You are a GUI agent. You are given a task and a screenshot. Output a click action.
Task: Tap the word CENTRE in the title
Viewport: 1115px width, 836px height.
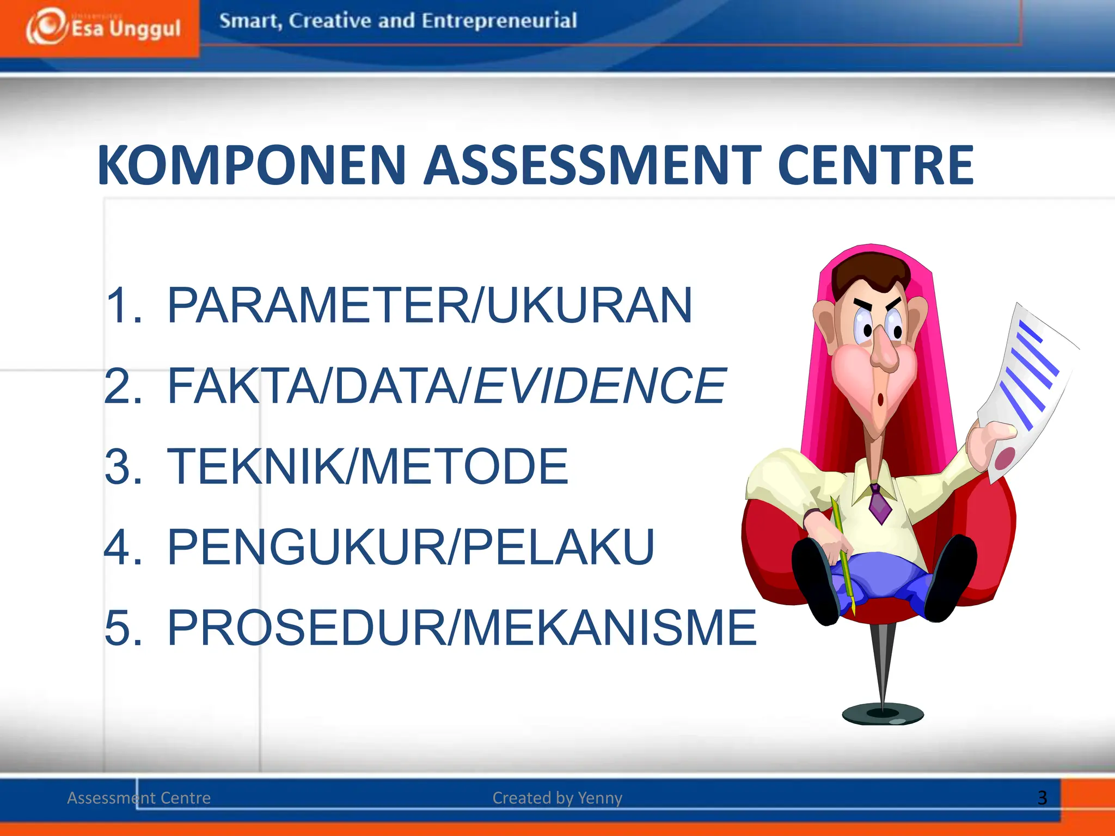[x=875, y=165]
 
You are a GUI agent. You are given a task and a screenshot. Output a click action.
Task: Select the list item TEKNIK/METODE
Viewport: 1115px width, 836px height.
[x=367, y=466]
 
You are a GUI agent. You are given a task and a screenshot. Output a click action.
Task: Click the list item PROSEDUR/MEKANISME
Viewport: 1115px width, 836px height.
[x=462, y=628]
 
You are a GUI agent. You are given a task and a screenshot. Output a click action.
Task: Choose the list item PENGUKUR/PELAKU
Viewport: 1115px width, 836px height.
[x=411, y=547]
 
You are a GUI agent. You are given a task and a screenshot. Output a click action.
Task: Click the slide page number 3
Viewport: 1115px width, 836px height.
[x=1042, y=798]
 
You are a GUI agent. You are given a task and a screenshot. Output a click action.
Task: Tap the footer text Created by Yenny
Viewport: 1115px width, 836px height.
[x=557, y=798]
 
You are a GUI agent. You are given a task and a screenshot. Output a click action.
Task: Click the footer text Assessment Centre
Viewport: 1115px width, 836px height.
[x=139, y=798]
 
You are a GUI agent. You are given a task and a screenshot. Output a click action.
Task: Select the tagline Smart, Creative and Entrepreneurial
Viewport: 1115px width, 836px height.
[x=398, y=21]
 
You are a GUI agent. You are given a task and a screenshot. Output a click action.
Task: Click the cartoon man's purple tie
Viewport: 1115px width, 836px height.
[x=879, y=503]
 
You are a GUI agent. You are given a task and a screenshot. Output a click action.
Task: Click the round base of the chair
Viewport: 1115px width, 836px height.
[x=883, y=714]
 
